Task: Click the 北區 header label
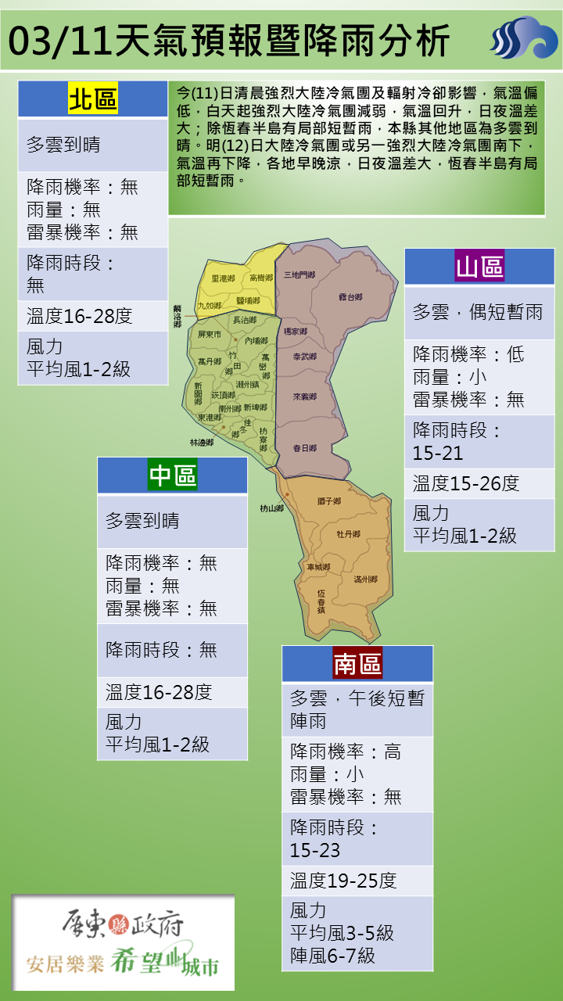click(x=93, y=99)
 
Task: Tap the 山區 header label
click(x=479, y=267)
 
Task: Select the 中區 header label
click(x=173, y=475)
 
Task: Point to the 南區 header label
click(x=357, y=663)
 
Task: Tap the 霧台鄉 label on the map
click(x=350, y=297)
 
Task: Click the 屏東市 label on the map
click(x=210, y=334)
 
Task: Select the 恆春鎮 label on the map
click(x=321, y=600)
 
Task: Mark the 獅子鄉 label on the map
click(x=328, y=500)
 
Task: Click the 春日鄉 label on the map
click(x=304, y=448)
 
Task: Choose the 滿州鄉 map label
click(x=365, y=579)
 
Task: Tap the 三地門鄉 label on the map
click(x=299, y=274)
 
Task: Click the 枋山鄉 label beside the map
click(x=271, y=508)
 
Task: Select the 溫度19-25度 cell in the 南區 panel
click(x=344, y=881)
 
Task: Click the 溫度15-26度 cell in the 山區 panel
click(x=466, y=483)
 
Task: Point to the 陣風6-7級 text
click(x=332, y=955)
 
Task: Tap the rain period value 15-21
click(x=438, y=453)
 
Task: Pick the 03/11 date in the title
click(x=59, y=39)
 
